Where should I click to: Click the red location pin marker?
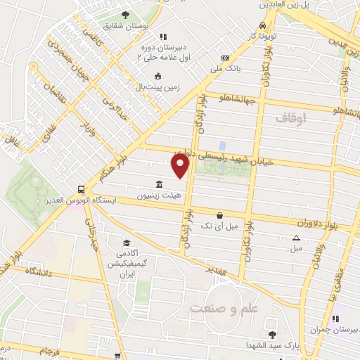181,165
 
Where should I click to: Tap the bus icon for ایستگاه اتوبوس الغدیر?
82,190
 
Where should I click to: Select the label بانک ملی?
227,69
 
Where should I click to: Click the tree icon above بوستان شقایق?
126,15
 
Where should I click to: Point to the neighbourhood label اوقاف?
290,119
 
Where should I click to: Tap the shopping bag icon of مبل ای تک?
220,215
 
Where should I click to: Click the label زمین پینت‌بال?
157,86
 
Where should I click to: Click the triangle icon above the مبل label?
296,238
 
